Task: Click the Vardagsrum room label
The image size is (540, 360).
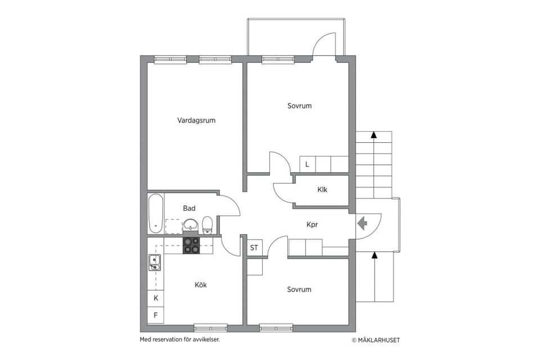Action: [196, 120]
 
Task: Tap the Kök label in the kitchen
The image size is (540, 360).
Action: [201, 285]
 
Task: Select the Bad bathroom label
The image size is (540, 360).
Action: [189, 208]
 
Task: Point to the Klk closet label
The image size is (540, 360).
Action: [322, 190]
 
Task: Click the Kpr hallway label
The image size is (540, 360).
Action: [312, 224]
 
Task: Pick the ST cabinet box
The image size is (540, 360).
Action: [254, 247]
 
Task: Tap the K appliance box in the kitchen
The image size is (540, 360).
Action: [156, 298]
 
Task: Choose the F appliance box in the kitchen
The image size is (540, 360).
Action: [156, 315]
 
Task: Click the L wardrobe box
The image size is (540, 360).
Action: [308, 164]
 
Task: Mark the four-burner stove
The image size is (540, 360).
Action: [191, 245]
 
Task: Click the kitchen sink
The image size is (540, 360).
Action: [155, 263]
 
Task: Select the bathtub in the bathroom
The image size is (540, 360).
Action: [156, 213]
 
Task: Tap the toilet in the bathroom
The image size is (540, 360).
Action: [208, 225]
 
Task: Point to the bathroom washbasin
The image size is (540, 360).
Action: [191, 226]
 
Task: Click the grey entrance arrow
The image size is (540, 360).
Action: [362, 223]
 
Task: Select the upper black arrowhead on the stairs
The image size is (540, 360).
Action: [373, 134]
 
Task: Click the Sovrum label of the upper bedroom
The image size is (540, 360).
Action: [300, 106]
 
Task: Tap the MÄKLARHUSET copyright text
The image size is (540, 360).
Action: [376, 340]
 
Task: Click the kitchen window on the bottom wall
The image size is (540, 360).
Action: [210, 327]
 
